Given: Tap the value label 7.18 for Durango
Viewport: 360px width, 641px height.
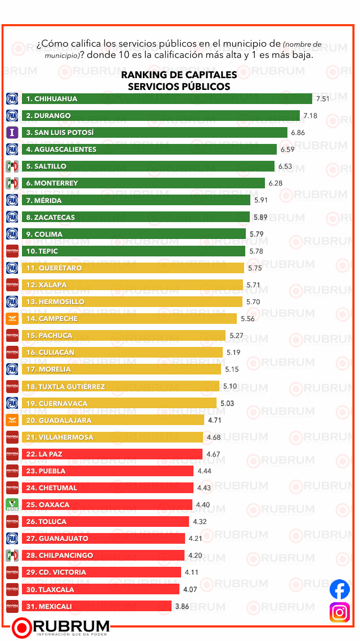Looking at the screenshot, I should click(310, 116).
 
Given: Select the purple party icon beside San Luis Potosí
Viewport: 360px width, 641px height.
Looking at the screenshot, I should click(12, 133).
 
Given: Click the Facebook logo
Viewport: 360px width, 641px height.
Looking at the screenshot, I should click(339, 589).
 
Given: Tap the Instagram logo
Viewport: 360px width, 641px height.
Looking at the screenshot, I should click(339, 612).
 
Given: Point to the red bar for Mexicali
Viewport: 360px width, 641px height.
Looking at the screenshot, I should click(97, 606).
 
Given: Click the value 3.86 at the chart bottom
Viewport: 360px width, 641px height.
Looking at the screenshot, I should click(182, 606).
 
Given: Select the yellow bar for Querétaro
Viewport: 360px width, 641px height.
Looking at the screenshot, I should click(133, 268).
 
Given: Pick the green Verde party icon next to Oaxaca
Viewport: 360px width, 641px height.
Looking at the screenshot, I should click(12, 505).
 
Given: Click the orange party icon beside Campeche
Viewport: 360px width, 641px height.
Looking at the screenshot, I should click(12, 319).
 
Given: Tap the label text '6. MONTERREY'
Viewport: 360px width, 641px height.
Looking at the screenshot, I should click(52, 183).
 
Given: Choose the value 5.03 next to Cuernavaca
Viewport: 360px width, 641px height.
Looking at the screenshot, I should click(227, 403).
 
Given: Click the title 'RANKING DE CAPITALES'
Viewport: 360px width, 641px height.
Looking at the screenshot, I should click(179, 75).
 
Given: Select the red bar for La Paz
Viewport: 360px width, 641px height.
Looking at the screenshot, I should click(112, 454).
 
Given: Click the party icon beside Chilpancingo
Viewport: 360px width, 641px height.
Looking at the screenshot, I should click(12, 556).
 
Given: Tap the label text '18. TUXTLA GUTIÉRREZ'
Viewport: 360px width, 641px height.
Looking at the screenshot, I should click(65, 386).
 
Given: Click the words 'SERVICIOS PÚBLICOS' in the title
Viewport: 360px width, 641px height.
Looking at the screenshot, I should click(179, 87).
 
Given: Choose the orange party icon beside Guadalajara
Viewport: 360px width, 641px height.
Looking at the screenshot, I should click(12, 420).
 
